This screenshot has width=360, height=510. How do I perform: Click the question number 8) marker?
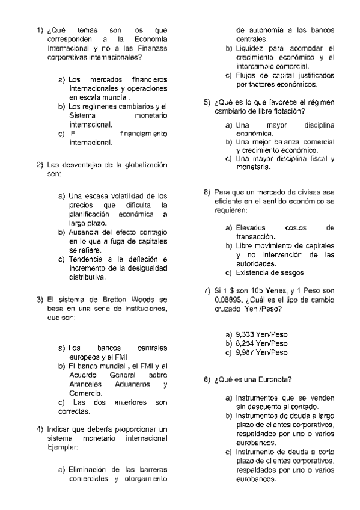[x=207, y=379]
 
